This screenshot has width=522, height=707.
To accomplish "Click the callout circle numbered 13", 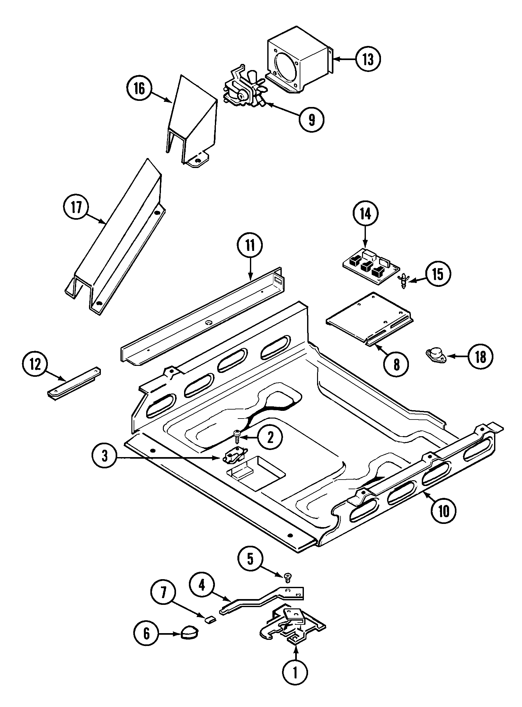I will [x=368, y=59].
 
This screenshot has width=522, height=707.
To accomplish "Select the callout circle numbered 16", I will [x=139, y=89].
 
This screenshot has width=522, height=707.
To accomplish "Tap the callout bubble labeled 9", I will [x=311, y=119].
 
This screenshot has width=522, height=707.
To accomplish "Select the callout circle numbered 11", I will [x=250, y=245].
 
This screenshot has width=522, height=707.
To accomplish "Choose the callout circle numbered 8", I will [x=396, y=364].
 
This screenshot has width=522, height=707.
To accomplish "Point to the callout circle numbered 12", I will [x=35, y=364].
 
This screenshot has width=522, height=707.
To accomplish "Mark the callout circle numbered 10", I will [x=443, y=512].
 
